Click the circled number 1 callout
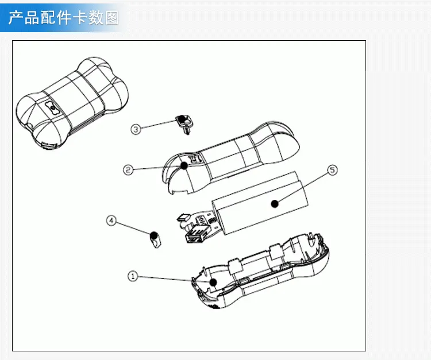[133, 276]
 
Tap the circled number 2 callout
[128, 170]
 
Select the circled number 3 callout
[136, 129]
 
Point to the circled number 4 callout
[111, 220]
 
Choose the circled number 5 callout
[333, 170]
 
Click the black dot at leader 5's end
[275, 204]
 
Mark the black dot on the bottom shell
[213, 282]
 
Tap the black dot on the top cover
[184, 165]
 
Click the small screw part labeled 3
[183, 124]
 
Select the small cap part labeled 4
[155, 240]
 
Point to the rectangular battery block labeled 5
[260, 203]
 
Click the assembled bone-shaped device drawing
[72, 103]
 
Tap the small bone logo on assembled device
[52, 107]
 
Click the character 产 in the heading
[15, 18]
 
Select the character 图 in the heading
[111, 18]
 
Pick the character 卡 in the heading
[79, 18]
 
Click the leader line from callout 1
[174, 279]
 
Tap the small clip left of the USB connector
[183, 218]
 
